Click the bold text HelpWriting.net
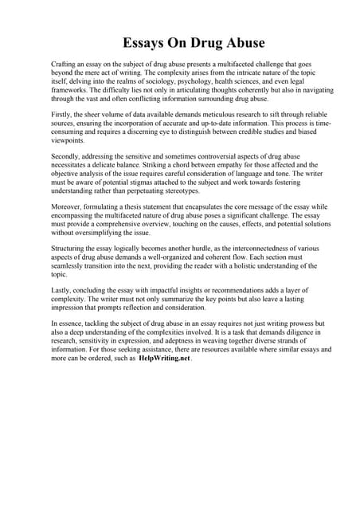coord(165,359)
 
